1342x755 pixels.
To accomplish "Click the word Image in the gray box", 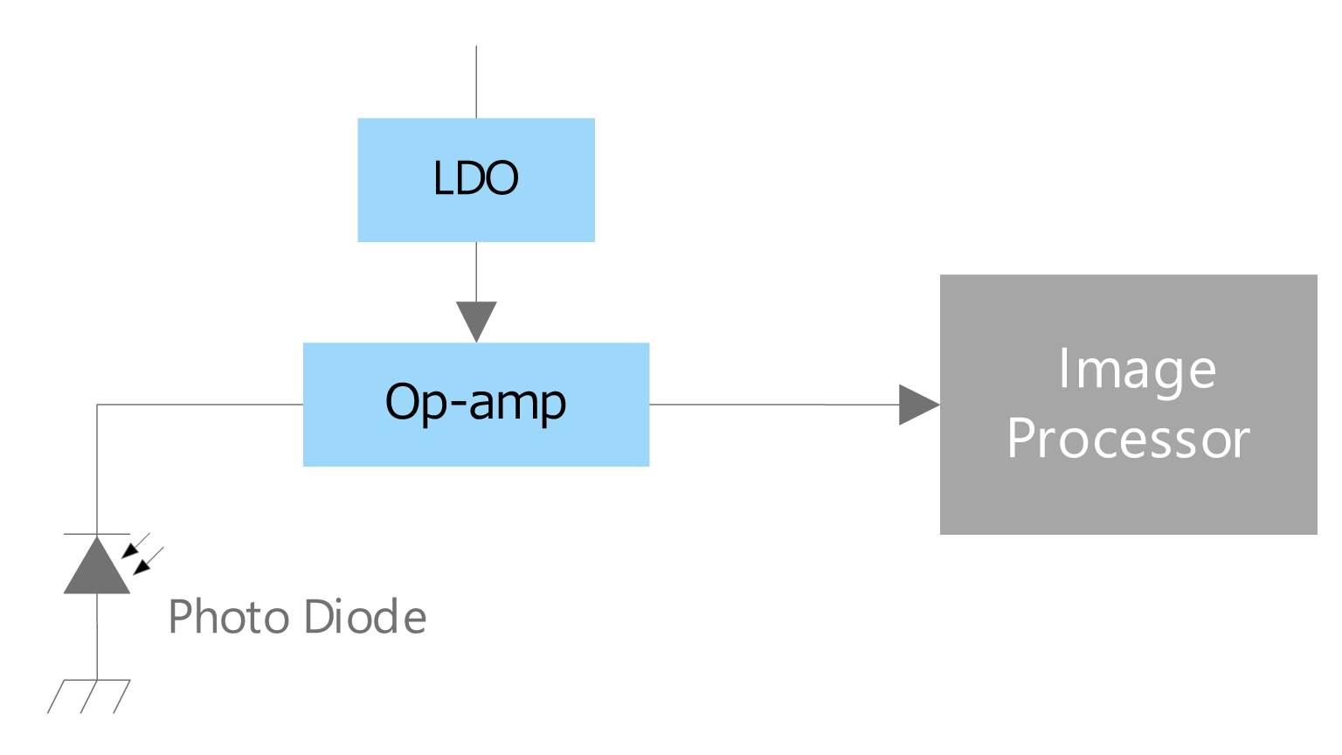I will pos(1137,370).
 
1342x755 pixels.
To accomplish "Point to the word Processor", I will pos(1128,439).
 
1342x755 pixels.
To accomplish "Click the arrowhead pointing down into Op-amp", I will pos(476,320).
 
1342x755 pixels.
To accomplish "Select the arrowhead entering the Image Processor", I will pos(917,405).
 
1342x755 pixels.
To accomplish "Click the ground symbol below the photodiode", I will pos(89,695).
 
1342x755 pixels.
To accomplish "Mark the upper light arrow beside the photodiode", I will pos(135,545).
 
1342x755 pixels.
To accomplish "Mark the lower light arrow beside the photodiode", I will pos(147,561).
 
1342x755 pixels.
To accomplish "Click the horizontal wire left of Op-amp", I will pos(201,405).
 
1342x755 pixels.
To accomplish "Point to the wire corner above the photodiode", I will pos(97,405).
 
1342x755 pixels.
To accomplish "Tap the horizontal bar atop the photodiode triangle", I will pos(97,533).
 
